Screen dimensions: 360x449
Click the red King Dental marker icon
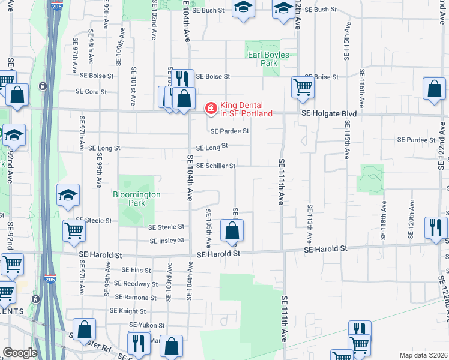211,108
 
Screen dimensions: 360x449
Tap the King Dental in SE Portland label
246,109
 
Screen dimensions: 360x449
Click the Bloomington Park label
137,199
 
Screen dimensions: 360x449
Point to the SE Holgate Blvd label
329,113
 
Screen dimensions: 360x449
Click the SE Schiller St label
215,166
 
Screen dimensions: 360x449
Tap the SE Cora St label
91,92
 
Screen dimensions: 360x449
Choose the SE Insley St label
167,241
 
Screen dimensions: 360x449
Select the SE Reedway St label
136,284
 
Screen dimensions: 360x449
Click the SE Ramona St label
136,297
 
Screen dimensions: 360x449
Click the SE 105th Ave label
208,229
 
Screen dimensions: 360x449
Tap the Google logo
20,353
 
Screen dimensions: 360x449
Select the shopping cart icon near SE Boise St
303,88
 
